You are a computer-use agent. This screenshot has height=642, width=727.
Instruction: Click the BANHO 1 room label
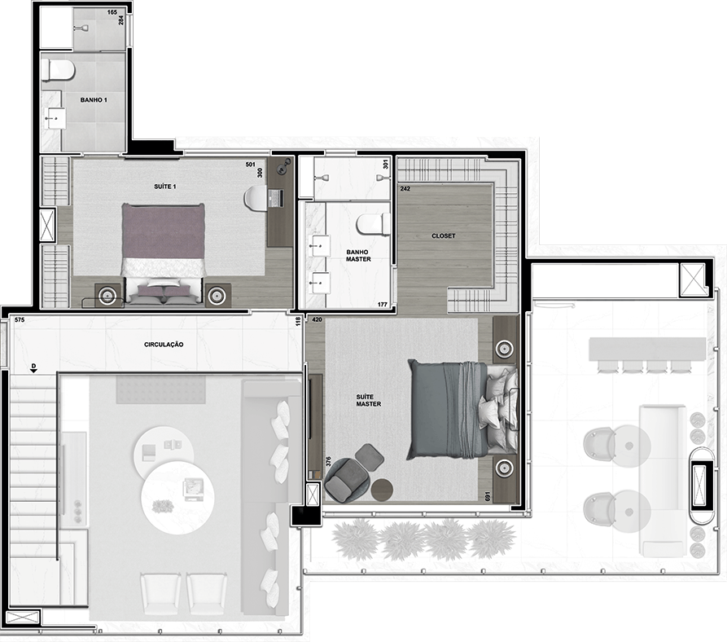point(94,99)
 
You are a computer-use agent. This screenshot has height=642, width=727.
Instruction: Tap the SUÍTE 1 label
point(165,187)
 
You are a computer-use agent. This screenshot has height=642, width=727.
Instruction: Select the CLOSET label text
point(444,235)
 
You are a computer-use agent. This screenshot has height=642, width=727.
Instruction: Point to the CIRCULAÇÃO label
point(164,344)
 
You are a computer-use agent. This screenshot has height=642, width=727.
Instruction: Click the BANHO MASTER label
point(358,256)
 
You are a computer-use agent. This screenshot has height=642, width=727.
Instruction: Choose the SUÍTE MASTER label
point(369,400)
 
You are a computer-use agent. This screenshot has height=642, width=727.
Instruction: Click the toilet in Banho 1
point(58,69)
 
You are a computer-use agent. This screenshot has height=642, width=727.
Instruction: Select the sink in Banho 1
point(55,118)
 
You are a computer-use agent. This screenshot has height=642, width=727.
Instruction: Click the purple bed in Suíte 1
point(163,254)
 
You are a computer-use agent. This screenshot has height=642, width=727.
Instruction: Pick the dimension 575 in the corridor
point(19,320)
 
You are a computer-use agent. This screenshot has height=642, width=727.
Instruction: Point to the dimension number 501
point(251,165)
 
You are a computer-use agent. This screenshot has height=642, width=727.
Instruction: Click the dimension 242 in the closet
point(405,189)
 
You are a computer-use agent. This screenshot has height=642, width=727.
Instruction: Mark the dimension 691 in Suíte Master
point(488,496)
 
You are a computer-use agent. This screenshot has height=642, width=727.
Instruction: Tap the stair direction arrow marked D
point(33,368)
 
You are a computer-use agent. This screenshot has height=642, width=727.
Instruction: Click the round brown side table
point(382,490)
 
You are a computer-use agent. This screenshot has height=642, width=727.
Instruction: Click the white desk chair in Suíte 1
point(256,199)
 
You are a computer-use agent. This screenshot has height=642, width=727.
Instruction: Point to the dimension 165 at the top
point(112,12)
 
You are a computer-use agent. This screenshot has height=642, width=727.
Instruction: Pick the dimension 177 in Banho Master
point(383,305)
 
